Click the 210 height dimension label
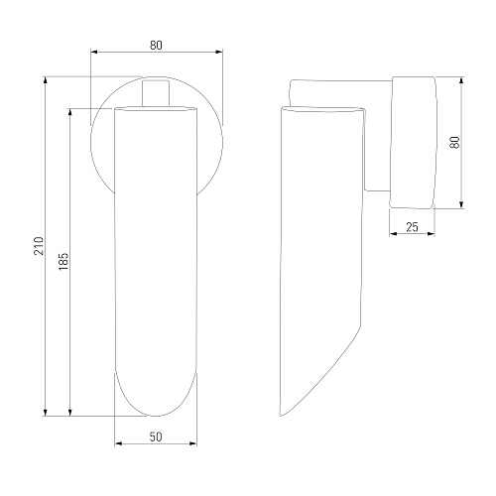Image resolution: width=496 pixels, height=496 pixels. (39, 246)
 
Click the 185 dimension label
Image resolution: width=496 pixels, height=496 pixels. (63, 261)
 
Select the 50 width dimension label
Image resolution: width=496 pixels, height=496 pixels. (156, 436)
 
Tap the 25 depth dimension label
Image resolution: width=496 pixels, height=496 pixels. (412, 227)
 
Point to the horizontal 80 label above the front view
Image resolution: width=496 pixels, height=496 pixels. (156, 46)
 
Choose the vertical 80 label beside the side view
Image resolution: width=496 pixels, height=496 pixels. (455, 142)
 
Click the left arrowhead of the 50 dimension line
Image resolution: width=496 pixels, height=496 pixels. (118, 443)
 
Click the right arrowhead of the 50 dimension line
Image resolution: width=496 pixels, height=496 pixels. (193, 443)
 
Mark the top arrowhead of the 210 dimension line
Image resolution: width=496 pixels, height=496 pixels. (46, 80)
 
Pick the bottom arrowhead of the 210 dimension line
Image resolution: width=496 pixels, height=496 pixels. (46, 412)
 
